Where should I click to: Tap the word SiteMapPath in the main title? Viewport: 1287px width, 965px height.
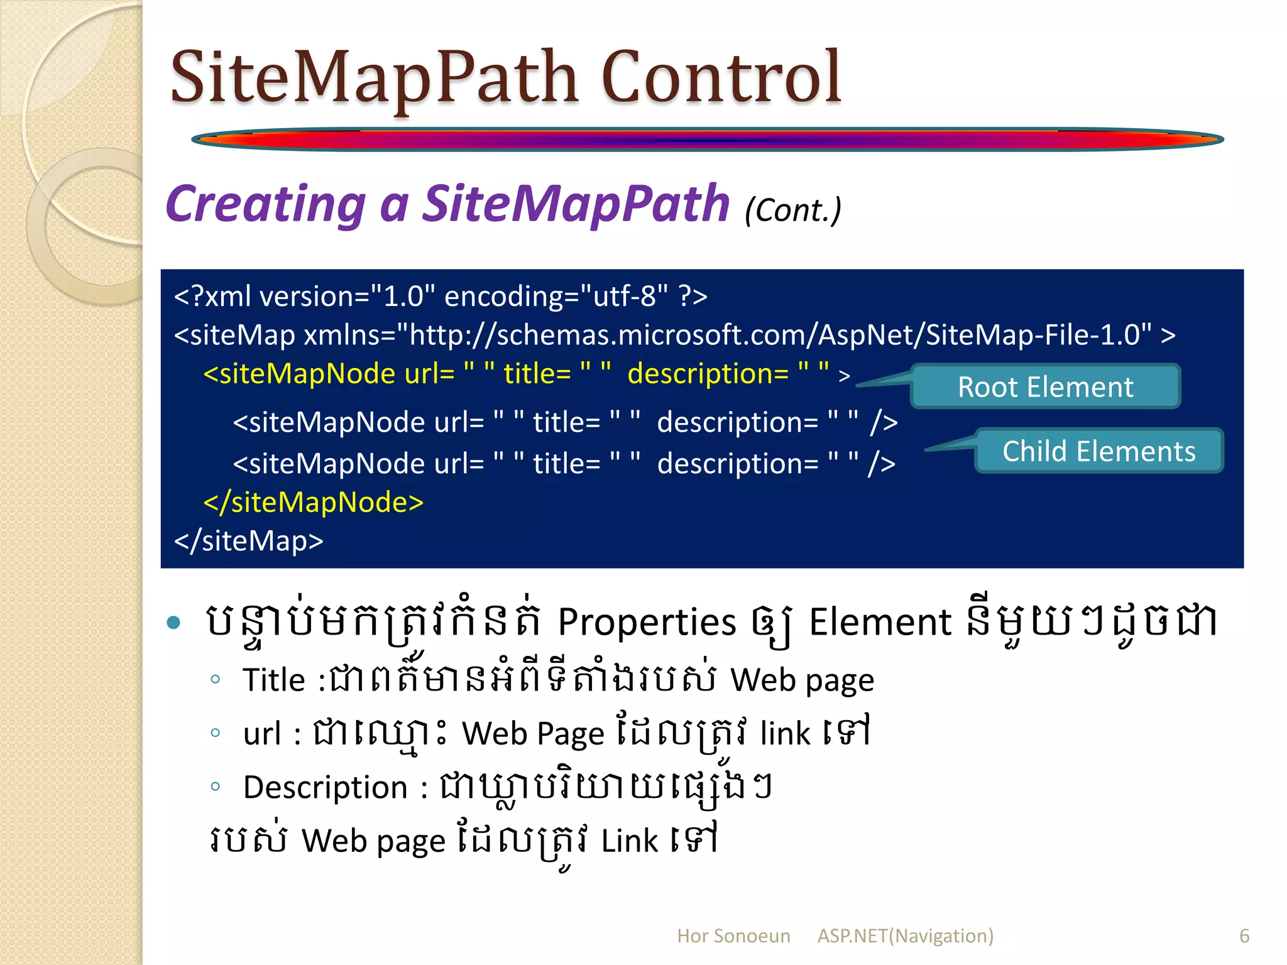pyautogui.click(x=374, y=78)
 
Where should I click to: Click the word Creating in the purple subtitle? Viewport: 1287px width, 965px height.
pyautogui.click(x=265, y=204)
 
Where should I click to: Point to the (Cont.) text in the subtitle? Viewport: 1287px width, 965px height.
pyautogui.click(x=792, y=210)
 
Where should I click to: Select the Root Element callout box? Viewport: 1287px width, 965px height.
pyautogui.click(x=1045, y=387)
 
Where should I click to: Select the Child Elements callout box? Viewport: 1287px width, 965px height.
pyautogui.click(x=1098, y=451)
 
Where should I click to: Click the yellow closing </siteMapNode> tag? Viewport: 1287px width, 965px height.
pyautogui.click(x=314, y=502)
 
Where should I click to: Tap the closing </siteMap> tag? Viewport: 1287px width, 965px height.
pyautogui.click(x=248, y=540)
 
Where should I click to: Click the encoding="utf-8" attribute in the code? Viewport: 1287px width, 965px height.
pyautogui.click(x=556, y=296)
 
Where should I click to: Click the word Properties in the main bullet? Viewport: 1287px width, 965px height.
pyautogui.click(x=647, y=622)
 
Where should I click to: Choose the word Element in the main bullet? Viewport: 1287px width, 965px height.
pyautogui.click(x=880, y=622)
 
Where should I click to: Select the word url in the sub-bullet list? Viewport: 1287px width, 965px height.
pyautogui.click(x=261, y=733)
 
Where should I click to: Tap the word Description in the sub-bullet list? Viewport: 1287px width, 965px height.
pyautogui.click(x=325, y=787)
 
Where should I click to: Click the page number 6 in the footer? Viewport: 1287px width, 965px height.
pyautogui.click(x=1244, y=935)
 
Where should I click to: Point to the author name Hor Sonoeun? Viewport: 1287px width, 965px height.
pyautogui.click(x=733, y=935)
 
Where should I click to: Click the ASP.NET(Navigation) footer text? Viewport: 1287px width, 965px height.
pyautogui.click(x=905, y=935)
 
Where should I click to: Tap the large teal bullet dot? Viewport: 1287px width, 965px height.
pyautogui.click(x=174, y=623)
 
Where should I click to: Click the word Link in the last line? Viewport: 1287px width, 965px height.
pyautogui.click(x=629, y=841)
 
